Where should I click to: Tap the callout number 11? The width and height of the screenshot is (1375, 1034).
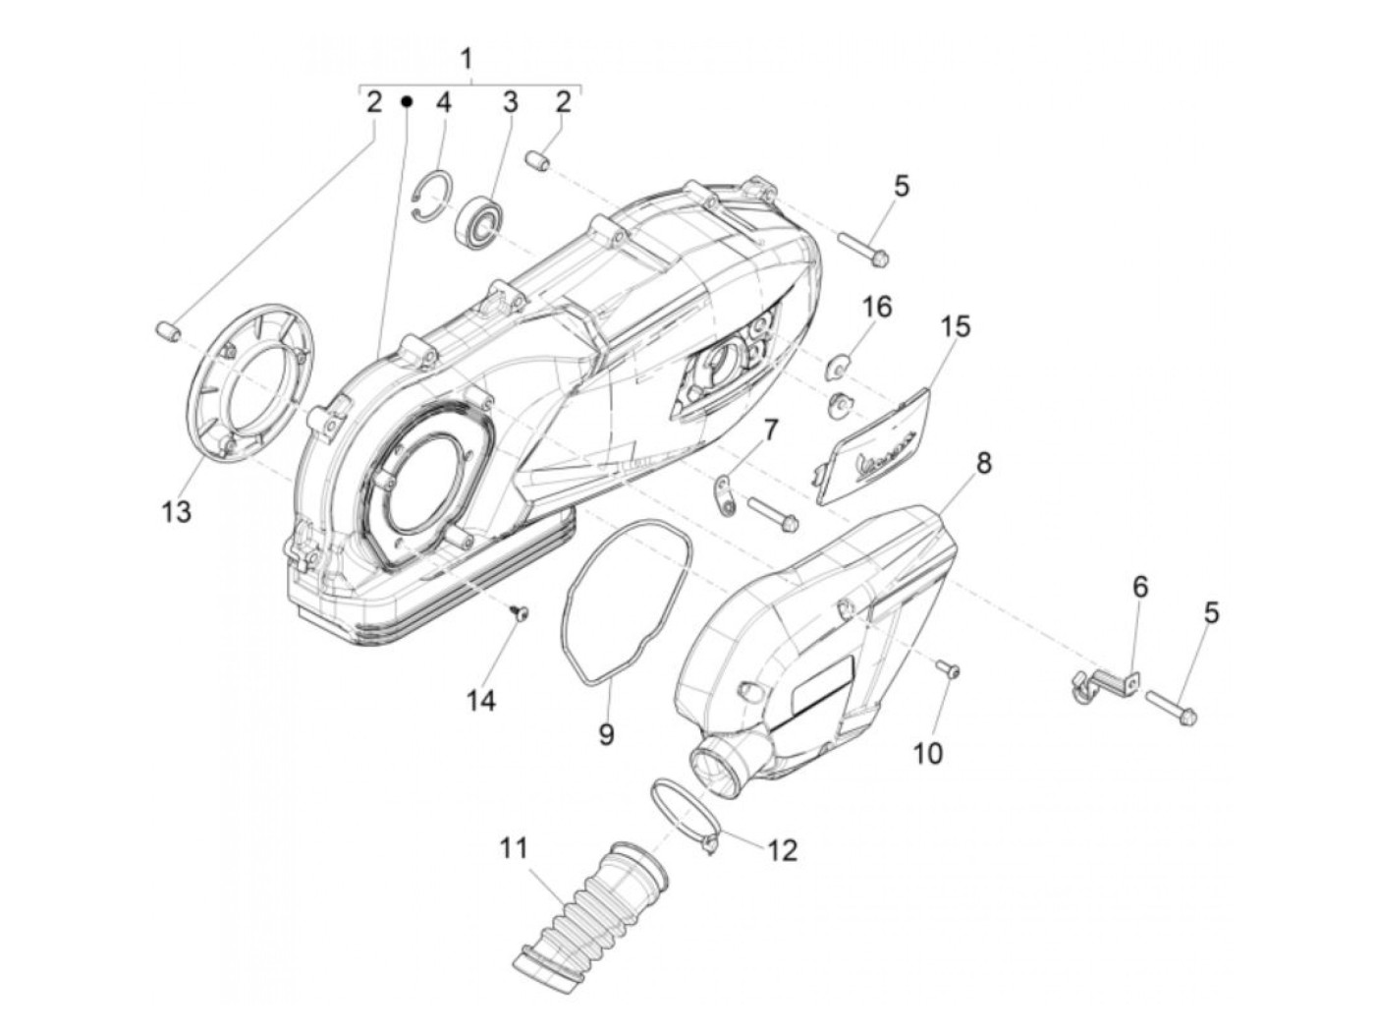tap(514, 847)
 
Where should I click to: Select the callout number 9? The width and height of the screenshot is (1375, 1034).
tap(606, 733)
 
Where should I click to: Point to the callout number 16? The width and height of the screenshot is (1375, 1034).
tap(876, 307)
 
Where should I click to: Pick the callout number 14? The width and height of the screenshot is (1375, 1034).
tap(481, 700)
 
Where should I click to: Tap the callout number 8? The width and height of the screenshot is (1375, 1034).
tap(983, 462)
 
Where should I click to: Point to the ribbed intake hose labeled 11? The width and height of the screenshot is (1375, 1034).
tap(584, 909)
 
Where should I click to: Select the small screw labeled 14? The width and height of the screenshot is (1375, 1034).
tap(520, 613)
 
